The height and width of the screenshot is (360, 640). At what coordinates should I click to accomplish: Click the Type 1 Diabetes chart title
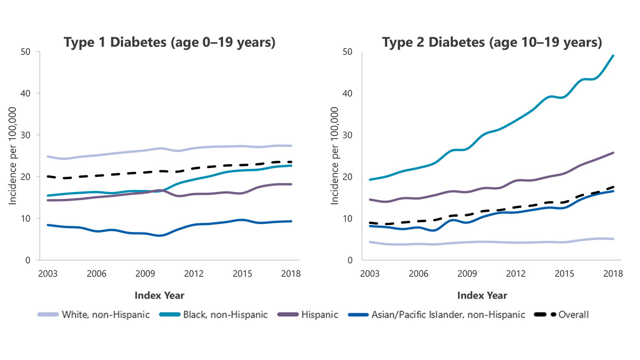click(x=170, y=43)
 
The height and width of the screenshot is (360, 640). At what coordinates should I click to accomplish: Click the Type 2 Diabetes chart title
click(x=492, y=43)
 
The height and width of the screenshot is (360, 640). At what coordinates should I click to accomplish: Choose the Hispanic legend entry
click(x=313, y=315)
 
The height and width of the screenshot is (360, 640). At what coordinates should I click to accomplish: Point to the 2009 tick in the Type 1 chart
click(x=145, y=273)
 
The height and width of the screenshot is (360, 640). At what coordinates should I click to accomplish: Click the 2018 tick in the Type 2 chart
click(x=613, y=273)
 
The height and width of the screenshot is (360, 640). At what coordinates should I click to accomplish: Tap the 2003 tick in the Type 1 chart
click(x=47, y=273)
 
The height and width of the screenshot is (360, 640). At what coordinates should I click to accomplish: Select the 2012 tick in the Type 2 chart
click(x=516, y=273)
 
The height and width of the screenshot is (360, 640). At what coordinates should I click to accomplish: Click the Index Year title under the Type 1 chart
click(x=159, y=295)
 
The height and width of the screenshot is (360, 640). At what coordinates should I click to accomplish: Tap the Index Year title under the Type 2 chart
click(x=482, y=295)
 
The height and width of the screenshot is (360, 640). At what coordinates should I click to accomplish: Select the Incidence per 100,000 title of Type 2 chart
click(x=335, y=156)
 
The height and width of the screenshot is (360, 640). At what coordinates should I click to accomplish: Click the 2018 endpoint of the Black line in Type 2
click(x=613, y=55)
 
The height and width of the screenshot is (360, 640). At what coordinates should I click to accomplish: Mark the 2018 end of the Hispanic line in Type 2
click(x=613, y=153)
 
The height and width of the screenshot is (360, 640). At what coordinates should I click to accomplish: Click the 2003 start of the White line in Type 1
click(x=47, y=157)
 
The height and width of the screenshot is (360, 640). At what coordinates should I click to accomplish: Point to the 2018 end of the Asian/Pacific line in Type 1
click(x=291, y=221)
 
